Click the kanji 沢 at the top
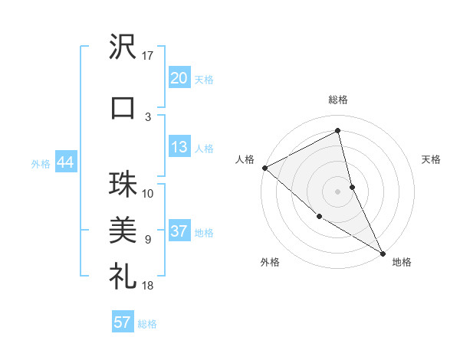click(x=123, y=48)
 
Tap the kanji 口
click(x=123, y=108)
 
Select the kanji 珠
click(x=123, y=185)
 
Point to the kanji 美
click(x=123, y=229)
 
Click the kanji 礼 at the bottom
click(x=123, y=273)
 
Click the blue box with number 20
click(x=179, y=79)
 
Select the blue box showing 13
click(x=179, y=148)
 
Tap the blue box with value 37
click(x=179, y=232)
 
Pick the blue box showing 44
click(x=65, y=163)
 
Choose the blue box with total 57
click(x=123, y=322)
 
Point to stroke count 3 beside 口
click(x=148, y=116)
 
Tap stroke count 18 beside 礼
click(x=148, y=285)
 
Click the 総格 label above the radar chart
click(x=338, y=100)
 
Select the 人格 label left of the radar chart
click(x=245, y=159)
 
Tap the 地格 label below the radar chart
click(x=402, y=262)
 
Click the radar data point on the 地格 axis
click(x=383, y=252)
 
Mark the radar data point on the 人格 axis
click(x=264, y=168)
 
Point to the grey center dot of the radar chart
click(x=338, y=191)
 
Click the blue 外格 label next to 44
click(x=41, y=164)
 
